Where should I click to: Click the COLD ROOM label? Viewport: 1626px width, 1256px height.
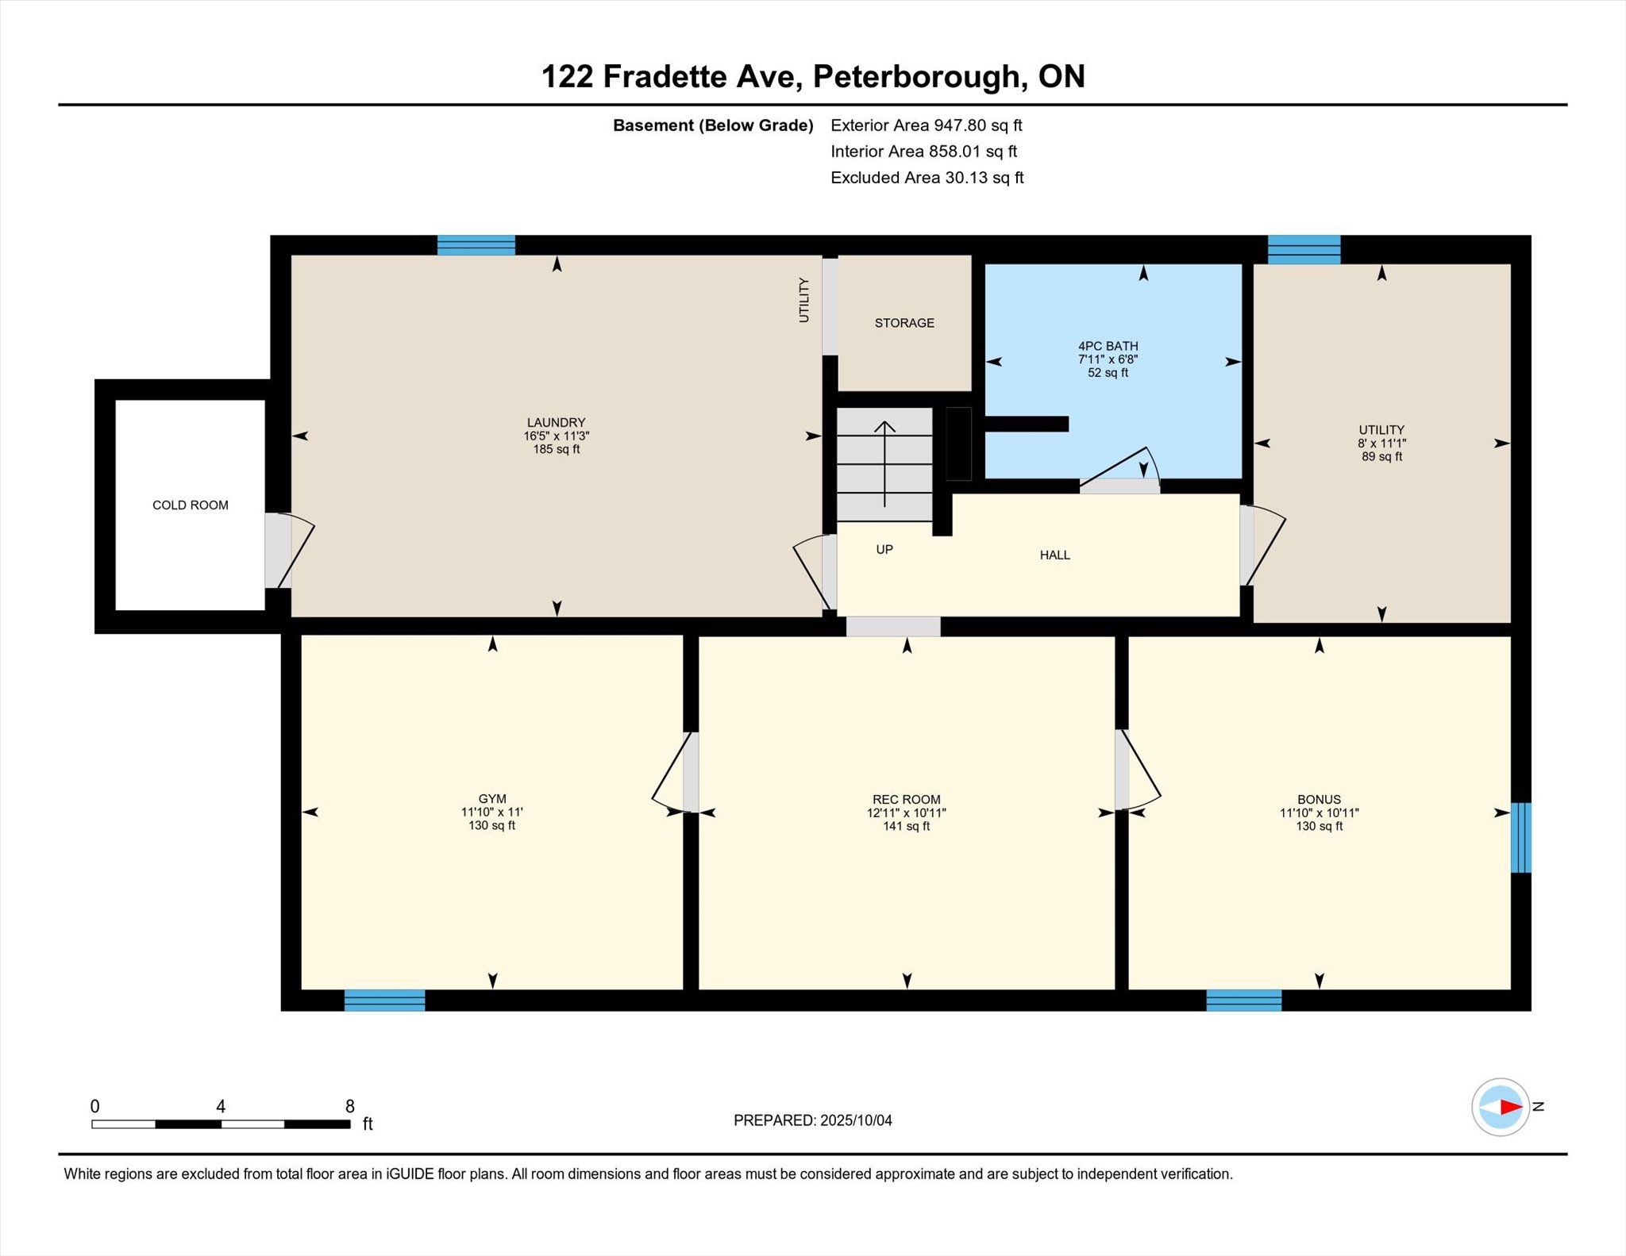tap(191, 505)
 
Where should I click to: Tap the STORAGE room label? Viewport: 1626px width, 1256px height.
tap(904, 323)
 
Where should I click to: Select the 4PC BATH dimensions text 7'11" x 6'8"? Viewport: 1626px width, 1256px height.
tap(1108, 359)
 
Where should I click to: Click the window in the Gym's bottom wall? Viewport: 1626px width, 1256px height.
tap(384, 1001)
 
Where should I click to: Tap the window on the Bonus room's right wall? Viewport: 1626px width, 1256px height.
tap(1520, 838)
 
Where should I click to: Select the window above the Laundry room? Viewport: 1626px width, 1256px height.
tap(476, 245)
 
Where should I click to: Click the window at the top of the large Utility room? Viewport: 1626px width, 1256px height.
tap(1304, 249)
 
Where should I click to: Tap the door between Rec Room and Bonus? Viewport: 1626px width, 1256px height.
tap(1137, 770)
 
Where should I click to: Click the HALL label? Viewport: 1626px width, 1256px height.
tap(1055, 555)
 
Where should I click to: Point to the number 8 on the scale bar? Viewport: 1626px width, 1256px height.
tap(350, 1106)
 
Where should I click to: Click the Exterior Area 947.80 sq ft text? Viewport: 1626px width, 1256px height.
tap(926, 125)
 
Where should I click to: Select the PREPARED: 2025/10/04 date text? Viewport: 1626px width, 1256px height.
tap(813, 1120)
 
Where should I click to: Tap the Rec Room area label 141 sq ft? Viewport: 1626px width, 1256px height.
tap(907, 826)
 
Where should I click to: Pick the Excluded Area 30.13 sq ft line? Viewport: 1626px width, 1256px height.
tap(927, 178)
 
